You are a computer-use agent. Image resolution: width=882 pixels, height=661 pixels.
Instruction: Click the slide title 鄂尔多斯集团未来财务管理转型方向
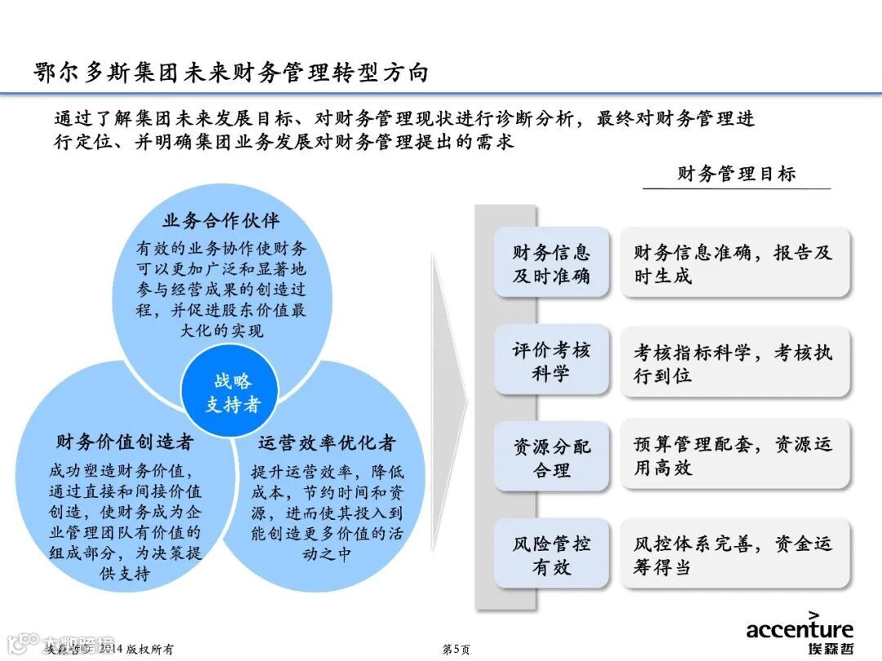coord(231,73)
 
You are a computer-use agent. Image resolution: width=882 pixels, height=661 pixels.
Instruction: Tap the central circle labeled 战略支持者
coord(233,393)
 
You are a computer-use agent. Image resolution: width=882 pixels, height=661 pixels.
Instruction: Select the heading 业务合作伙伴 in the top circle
coord(221,220)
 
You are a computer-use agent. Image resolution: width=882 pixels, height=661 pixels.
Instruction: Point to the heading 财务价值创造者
coord(125,442)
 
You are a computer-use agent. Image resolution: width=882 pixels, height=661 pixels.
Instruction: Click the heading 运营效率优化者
coord(327,442)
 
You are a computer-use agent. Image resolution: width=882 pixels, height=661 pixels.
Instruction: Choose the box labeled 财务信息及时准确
coord(551,264)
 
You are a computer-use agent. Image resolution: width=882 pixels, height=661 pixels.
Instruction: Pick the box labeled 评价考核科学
coord(551,362)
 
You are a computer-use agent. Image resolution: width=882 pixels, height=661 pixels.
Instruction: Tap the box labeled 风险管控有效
coord(551,555)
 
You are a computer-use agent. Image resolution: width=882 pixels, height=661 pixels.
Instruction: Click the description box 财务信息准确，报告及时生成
coord(734,264)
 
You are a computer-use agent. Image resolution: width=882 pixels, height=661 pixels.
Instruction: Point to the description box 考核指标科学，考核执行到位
coord(734,364)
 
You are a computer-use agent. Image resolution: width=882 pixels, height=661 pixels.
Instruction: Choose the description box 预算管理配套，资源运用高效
coord(734,455)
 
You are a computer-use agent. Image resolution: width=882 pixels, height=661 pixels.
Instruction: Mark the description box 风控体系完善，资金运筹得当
coord(734,555)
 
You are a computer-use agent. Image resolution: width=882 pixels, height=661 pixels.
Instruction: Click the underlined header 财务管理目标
coord(736,174)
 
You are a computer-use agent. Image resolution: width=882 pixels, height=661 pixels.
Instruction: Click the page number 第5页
coord(456,649)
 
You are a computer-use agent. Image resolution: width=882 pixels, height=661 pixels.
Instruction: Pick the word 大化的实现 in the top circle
coord(221,331)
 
